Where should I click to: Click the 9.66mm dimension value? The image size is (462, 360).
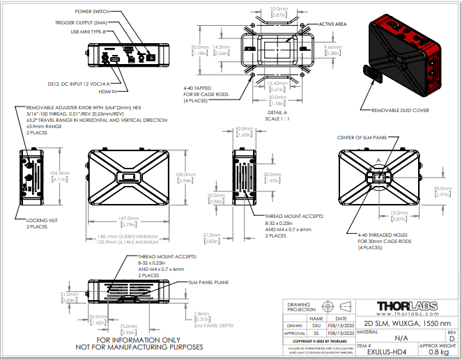332,47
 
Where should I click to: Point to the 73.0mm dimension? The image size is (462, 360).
399,212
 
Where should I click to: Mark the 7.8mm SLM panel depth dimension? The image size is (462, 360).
201,313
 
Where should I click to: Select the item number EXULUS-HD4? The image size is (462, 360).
386,352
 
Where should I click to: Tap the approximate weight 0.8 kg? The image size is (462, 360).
438,352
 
